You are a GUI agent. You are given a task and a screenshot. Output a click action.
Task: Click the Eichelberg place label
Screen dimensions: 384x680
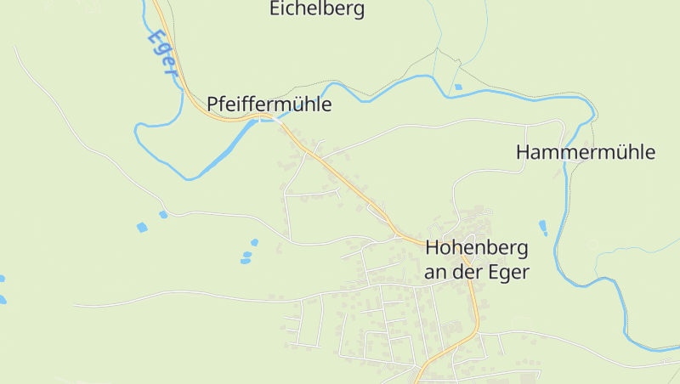point(317,9)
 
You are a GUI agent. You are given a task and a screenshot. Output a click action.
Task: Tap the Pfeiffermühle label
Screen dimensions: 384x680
point(269,104)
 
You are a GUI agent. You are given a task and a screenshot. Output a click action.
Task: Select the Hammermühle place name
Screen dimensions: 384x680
point(586,153)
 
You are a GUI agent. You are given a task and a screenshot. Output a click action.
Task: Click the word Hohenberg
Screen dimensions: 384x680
point(476,249)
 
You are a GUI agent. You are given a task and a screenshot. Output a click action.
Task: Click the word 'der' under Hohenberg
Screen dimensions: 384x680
point(465,273)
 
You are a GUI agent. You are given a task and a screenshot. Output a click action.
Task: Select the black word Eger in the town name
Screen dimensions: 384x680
point(508,273)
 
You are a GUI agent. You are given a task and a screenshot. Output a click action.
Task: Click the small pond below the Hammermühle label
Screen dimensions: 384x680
point(542,228)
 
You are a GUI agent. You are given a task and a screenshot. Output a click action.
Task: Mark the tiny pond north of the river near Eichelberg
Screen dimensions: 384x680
point(458,87)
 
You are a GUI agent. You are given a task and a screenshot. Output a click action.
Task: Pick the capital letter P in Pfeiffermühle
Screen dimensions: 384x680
point(213,104)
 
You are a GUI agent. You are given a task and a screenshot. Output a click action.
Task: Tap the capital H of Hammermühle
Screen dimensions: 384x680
point(524,153)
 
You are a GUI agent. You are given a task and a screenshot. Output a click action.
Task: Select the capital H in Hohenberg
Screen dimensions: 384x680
point(431,249)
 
